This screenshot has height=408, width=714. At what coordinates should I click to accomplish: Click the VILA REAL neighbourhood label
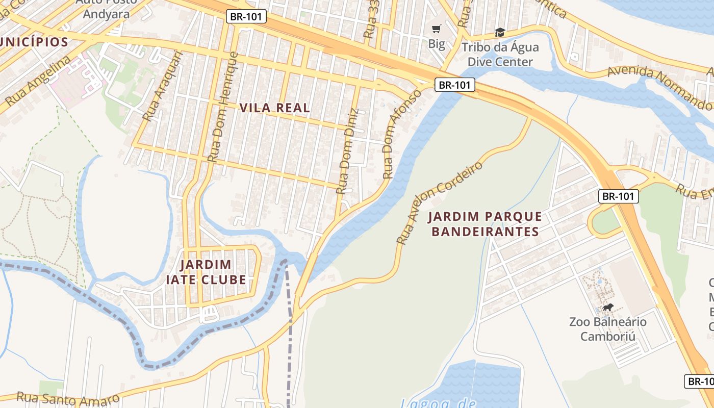coord(274,108)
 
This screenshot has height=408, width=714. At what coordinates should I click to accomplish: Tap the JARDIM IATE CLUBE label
coord(206,272)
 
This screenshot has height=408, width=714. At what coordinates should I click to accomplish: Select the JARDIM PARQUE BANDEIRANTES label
coord(485,224)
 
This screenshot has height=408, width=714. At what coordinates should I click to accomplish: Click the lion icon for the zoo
coord(608,307)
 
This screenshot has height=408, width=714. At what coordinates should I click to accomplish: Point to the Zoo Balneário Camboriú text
coord(608,329)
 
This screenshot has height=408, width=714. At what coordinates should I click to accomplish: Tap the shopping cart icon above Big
coord(436,29)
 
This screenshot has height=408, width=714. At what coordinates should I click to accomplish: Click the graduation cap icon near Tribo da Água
coord(500,33)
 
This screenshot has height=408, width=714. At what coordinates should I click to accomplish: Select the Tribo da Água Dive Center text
coord(500,55)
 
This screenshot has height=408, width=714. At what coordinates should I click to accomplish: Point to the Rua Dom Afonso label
coord(402,134)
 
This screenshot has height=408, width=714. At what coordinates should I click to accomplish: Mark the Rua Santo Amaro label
coord(68,398)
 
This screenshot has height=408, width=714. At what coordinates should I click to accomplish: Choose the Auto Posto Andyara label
coord(106,8)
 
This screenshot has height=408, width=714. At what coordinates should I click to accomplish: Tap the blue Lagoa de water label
coord(438,403)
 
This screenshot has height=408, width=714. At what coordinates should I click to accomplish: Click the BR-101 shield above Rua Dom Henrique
coord(246,17)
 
